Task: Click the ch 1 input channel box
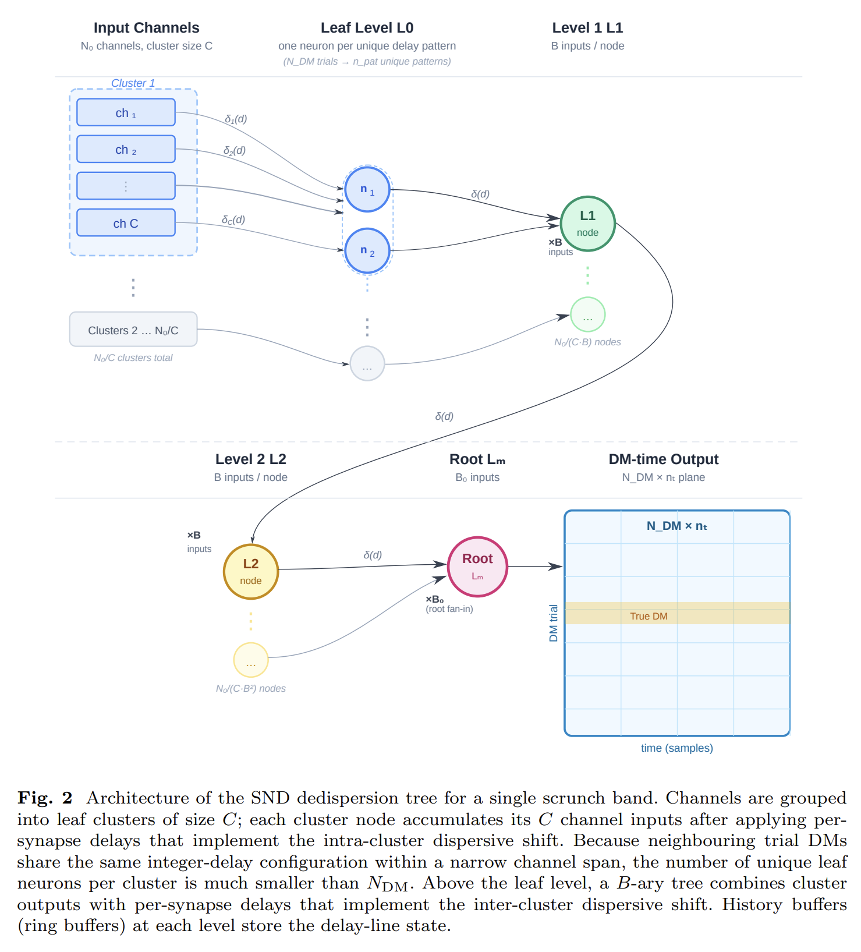[126, 112]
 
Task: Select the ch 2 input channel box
[126, 149]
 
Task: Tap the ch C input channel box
[126, 222]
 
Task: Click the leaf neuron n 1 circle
[367, 189]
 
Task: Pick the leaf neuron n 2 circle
[367, 250]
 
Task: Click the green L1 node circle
[588, 224]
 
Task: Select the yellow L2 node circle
[251, 572]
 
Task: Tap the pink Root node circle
[478, 567]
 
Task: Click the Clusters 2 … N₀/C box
[133, 330]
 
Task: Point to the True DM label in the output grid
[649, 616]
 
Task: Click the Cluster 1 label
[133, 83]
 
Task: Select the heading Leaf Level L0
[367, 28]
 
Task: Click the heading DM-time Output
[664, 459]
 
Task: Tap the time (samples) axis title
[677, 748]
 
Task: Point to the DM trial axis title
[554, 623]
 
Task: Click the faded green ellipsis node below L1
[588, 315]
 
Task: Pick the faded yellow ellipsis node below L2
[251, 660]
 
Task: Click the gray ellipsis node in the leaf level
[367, 363]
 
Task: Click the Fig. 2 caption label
[45, 798]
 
